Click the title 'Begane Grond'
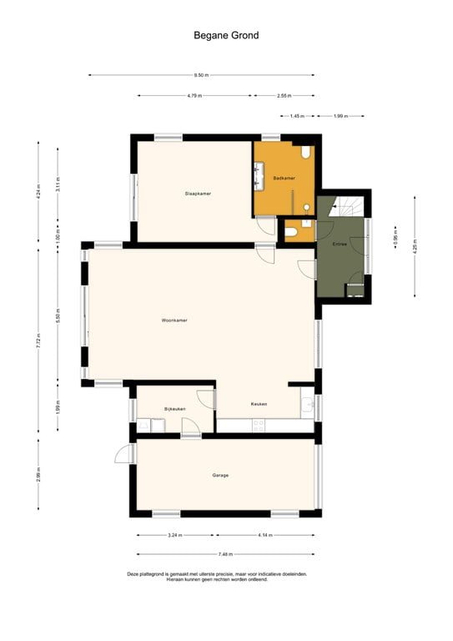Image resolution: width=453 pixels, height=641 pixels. click(x=226, y=35)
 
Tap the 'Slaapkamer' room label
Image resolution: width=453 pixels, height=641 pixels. click(x=198, y=194)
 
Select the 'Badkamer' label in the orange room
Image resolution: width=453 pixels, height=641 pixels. click(x=284, y=179)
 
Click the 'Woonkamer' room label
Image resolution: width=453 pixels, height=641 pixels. click(x=174, y=320)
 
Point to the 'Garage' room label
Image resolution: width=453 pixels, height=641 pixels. click(x=220, y=475)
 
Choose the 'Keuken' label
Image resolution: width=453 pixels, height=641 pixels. click(x=259, y=404)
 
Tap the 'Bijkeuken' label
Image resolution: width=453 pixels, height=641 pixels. click(x=174, y=409)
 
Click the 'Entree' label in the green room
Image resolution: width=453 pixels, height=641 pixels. click(x=340, y=245)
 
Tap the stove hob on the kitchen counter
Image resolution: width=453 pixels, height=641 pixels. click(x=259, y=424)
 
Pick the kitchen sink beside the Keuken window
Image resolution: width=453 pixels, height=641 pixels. click(x=309, y=406)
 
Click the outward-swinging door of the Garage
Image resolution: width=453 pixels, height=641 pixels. click(x=124, y=453)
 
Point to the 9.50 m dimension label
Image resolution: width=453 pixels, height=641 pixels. click(x=201, y=75)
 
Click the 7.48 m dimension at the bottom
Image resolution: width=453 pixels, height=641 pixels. click(x=226, y=553)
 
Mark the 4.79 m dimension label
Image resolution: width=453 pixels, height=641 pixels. click(x=196, y=96)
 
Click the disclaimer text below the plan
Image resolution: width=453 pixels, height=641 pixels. click(x=217, y=576)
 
